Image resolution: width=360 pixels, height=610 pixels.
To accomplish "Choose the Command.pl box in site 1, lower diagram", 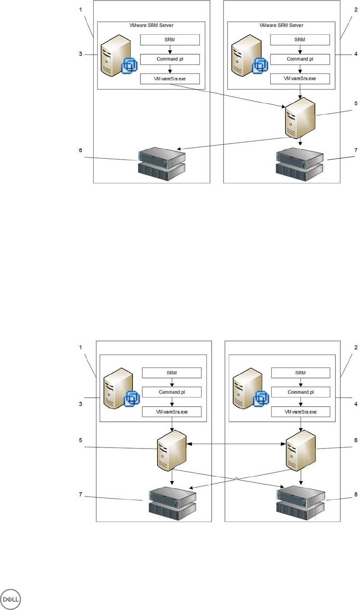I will [171, 392].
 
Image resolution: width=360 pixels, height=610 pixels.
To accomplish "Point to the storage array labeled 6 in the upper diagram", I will [161, 161].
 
